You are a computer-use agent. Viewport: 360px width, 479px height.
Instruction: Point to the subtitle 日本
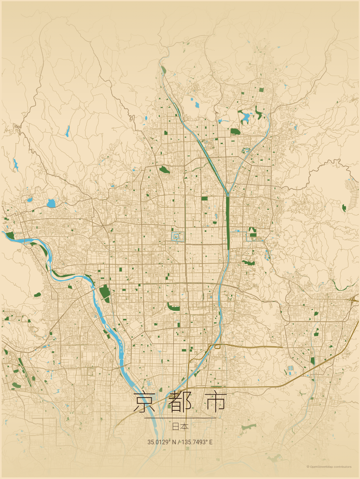click(180, 426)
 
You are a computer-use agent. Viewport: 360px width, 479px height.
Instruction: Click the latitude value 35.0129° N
click(162, 442)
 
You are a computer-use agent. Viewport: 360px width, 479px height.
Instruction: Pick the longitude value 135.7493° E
click(196, 442)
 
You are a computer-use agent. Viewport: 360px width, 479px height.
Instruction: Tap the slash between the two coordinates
click(179, 442)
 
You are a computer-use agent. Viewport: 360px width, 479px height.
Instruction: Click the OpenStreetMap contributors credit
click(331, 467)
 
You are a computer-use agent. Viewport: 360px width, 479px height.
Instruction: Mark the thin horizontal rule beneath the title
click(180, 418)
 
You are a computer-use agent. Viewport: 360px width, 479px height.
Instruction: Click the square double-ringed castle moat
click(178, 237)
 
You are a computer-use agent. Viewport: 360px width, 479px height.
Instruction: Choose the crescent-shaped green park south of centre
click(174, 307)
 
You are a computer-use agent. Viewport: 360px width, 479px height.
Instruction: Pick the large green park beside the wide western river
click(105, 292)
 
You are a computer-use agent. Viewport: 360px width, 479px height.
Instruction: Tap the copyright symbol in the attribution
click(308, 467)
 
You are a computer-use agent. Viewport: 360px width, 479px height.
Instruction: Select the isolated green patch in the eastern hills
click(344, 207)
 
